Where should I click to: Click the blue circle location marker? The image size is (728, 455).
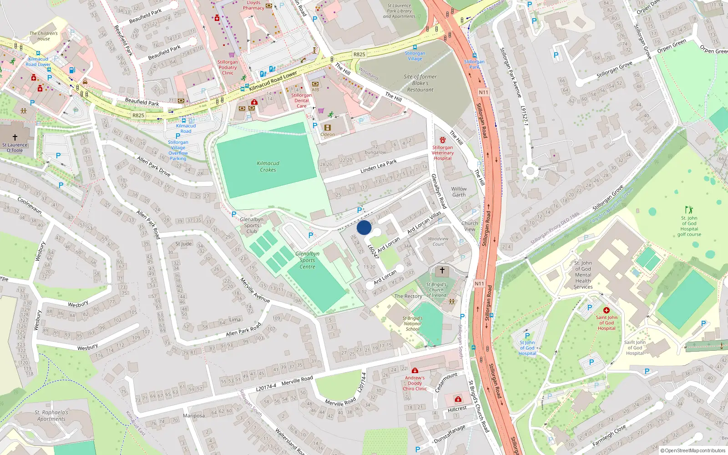tap(364, 227)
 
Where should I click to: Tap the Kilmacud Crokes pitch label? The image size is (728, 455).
tap(268, 167)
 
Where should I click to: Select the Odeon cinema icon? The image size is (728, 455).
tap(327, 128)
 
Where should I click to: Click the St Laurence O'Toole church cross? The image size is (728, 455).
tap(15, 137)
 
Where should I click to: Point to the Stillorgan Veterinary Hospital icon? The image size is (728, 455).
tap(442, 140)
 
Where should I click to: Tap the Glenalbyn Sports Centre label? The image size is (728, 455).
tap(307, 260)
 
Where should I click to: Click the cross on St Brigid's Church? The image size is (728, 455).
tap(442, 270)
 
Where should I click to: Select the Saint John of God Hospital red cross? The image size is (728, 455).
tap(606, 310)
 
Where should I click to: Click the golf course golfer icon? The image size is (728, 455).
tap(689, 210)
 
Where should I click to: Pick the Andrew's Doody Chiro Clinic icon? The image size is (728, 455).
tap(415, 370)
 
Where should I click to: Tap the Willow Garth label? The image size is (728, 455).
tap(459, 192)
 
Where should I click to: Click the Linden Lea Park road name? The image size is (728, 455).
tap(379, 167)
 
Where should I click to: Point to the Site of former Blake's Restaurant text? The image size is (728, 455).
tap(420, 83)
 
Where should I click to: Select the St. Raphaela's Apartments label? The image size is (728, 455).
tap(52, 416)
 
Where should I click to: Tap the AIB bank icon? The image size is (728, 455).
tap(315, 84)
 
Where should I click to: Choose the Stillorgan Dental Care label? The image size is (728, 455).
tap(301, 101)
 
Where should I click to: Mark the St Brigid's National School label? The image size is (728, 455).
tap(413, 324)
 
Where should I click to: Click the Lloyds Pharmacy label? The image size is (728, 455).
tap(253, 5)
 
